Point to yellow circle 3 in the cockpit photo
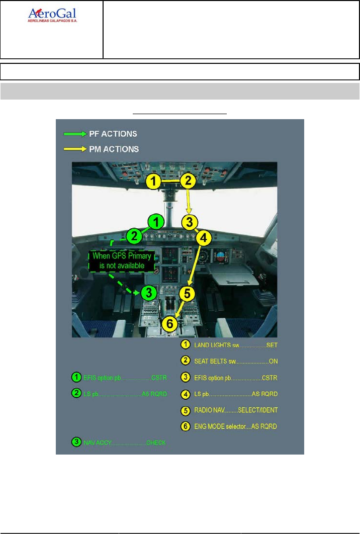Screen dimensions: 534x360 pyautogui.click(x=189, y=222)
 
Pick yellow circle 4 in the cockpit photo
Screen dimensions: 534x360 pyautogui.click(x=203, y=237)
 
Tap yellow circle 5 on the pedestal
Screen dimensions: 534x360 pyautogui.click(x=186, y=294)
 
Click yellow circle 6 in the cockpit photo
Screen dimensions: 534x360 pyautogui.click(x=170, y=324)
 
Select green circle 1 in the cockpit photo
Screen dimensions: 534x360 pyautogui.click(x=156, y=221)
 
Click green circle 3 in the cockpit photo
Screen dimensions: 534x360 pyautogui.click(x=148, y=292)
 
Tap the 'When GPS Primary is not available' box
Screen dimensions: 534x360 pyautogui.click(x=122, y=260)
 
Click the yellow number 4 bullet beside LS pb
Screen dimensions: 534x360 pyautogui.click(x=186, y=394)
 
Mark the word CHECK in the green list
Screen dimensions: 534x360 pyautogui.click(x=156, y=442)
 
